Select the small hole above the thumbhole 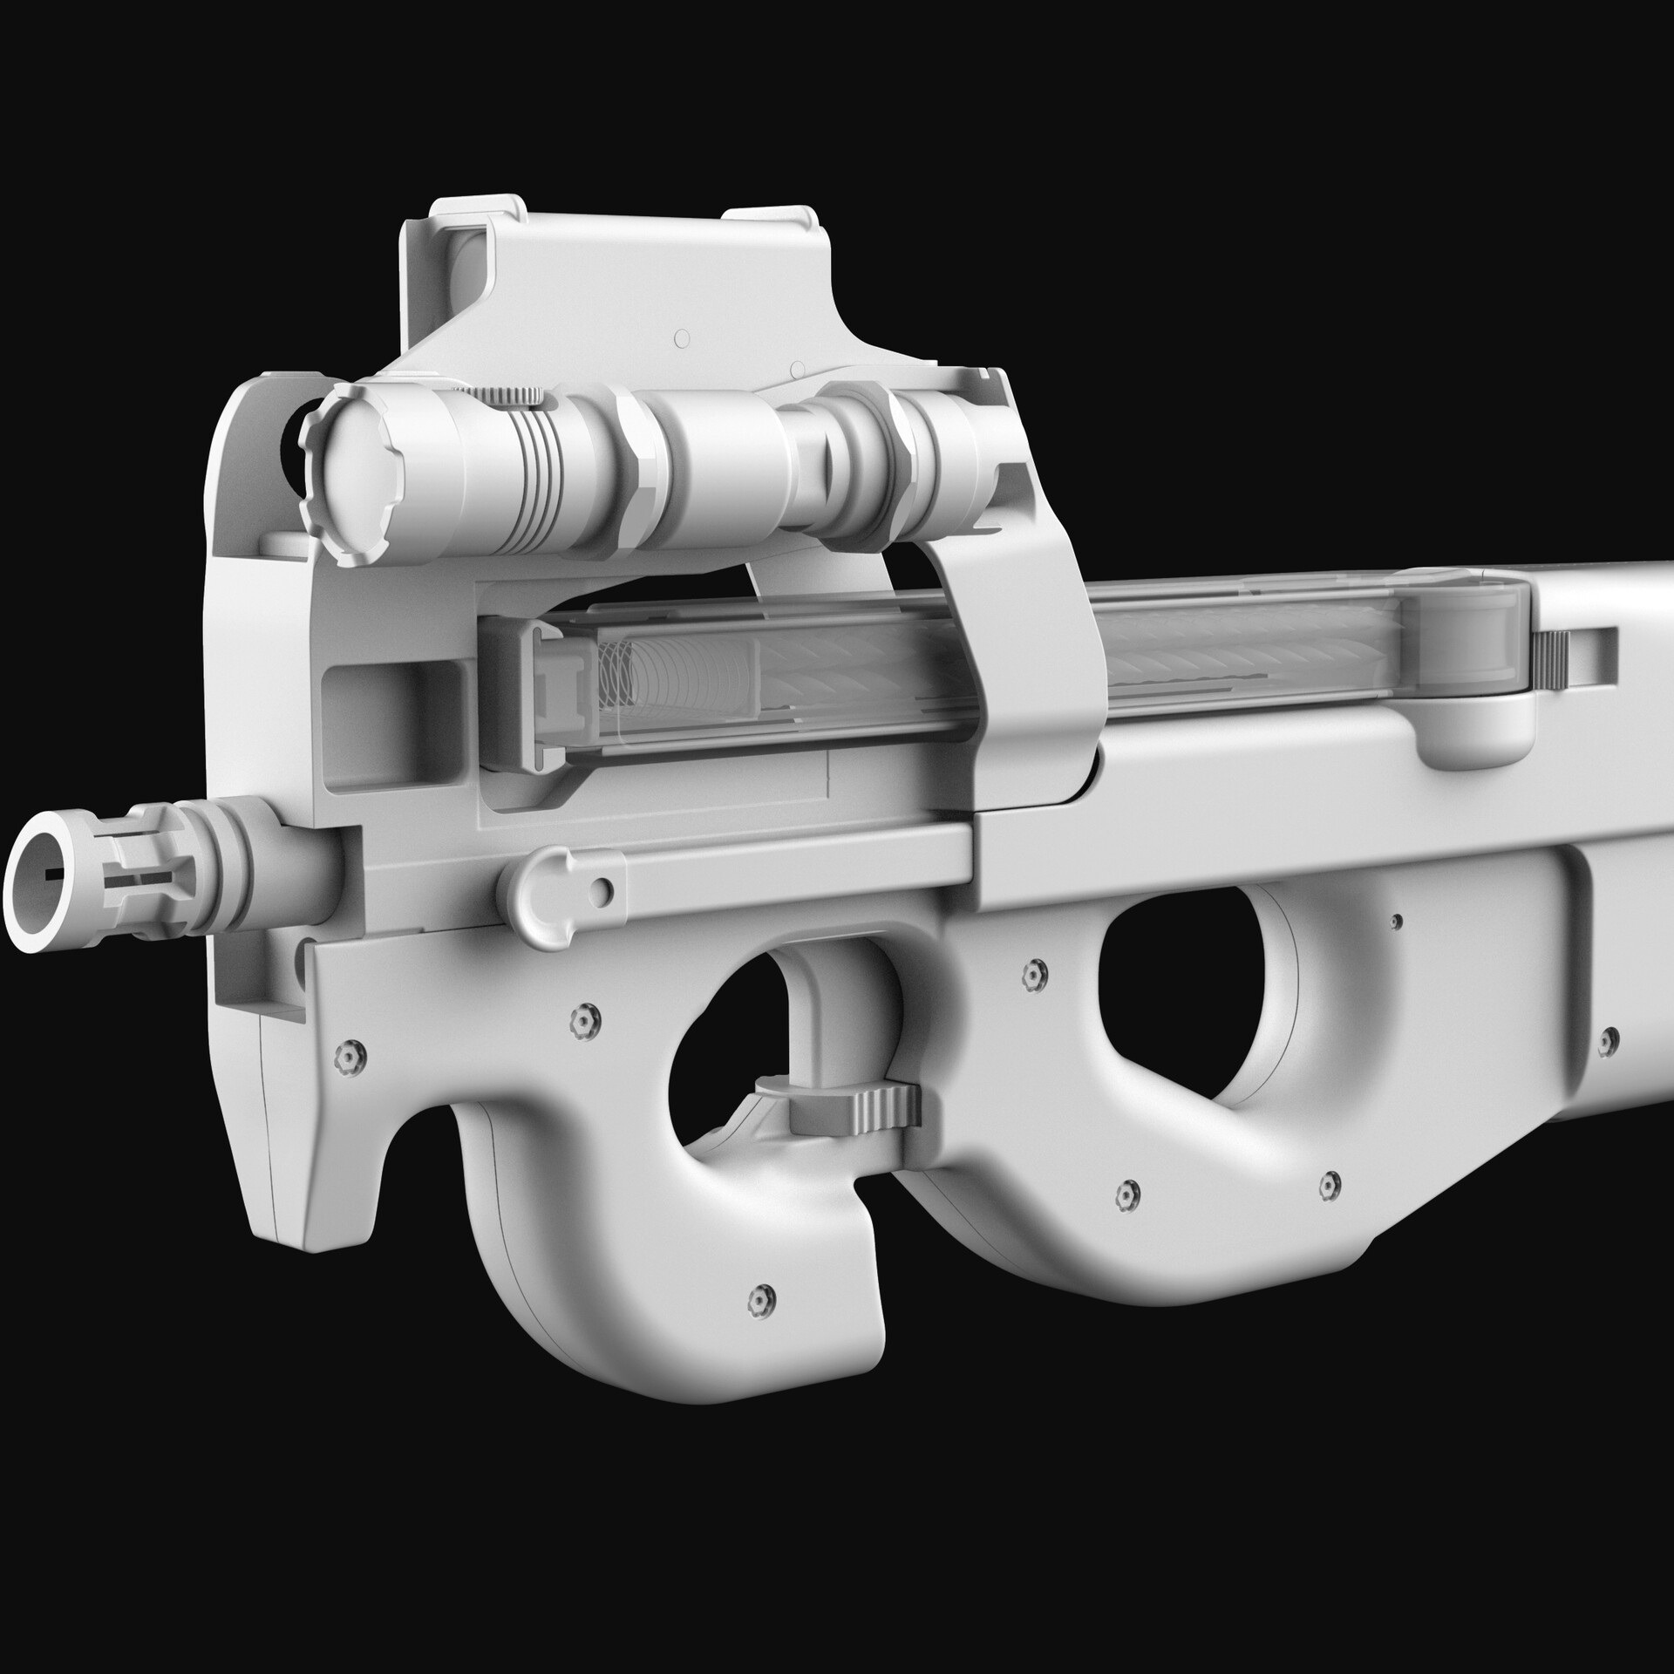coord(1397,922)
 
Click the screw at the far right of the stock coord(1609,1038)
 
